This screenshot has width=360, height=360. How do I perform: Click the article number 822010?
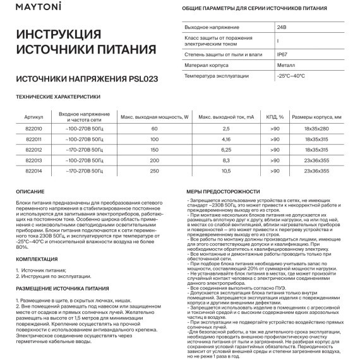tap(33, 128)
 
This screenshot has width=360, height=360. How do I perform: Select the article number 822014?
tap(33, 171)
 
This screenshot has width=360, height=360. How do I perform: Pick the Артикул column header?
tap(33, 117)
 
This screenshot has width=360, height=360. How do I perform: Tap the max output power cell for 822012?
tap(154, 150)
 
